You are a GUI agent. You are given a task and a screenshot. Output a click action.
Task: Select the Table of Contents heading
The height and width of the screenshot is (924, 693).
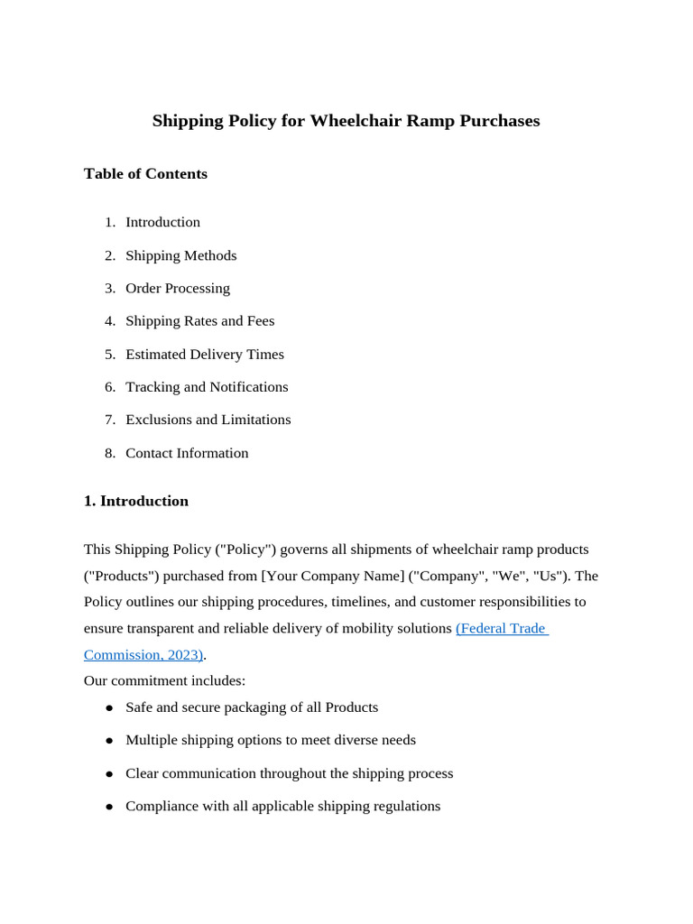pos(145,174)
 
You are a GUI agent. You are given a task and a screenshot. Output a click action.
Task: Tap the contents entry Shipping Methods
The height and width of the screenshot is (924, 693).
pos(180,255)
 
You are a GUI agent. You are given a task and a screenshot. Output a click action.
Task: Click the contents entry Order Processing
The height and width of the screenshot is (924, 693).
pos(178,289)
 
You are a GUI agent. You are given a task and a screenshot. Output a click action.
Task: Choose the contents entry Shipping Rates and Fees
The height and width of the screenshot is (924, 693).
pos(199,321)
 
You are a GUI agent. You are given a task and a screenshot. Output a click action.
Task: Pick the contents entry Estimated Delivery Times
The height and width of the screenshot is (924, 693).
pos(205,355)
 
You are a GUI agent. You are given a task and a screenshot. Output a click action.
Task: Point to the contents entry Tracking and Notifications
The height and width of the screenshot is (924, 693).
pos(207,387)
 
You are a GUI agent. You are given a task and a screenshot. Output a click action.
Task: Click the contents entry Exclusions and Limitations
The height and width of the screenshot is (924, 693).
pos(208,420)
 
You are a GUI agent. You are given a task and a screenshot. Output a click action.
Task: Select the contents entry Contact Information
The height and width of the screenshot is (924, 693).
pos(187,453)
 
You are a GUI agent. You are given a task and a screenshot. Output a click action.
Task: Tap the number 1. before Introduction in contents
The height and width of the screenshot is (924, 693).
pos(110,222)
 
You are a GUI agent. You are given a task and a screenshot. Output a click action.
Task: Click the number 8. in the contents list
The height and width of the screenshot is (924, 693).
pos(110,453)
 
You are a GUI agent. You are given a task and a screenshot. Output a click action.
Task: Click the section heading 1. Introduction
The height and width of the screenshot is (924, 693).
pos(136,502)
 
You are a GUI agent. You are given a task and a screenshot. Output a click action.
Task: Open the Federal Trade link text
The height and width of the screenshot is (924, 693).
pos(502,628)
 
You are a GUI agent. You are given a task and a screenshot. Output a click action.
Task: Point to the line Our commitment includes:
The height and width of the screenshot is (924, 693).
pos(164,680)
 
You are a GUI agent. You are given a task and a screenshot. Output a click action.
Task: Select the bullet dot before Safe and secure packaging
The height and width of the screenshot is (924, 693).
pos(109,708)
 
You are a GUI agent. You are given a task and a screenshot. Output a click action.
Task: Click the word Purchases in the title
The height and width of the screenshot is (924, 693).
pos(499,121)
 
